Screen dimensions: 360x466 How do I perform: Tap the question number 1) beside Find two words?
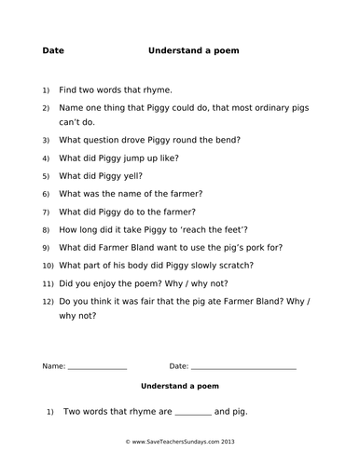tap(45, 91)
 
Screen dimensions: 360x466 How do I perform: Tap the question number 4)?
tap(45, 158)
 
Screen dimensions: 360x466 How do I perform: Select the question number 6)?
tap(45, 194)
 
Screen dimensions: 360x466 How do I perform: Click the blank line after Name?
tap(98, 367)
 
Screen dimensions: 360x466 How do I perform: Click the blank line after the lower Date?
tap(243, 367)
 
